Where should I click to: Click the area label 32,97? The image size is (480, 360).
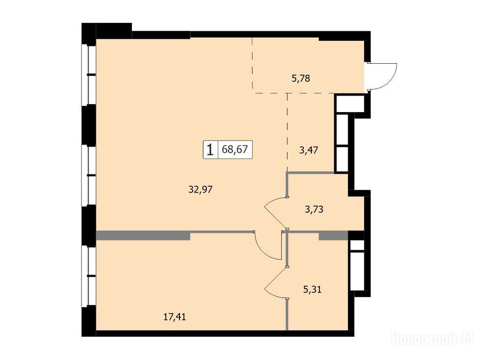click(200, 190)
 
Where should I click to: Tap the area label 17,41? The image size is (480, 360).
click(174, 317)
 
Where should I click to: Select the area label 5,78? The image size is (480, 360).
click(300, 79)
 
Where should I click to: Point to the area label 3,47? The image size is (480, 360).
click(308, 150)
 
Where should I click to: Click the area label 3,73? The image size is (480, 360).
click(314, 210)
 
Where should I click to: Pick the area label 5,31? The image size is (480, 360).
click(312, 289)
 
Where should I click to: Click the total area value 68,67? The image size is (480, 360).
click(235, 150)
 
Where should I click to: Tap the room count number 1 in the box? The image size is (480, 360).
click(210, 150)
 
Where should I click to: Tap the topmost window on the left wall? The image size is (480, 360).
click(89, 75)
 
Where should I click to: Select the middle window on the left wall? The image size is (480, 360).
click(89, 175)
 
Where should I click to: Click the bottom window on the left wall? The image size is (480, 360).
click(89, 276)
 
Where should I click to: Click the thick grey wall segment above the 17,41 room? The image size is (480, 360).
click(143, 235)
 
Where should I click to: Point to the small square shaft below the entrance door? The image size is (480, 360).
click(350, 104)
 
